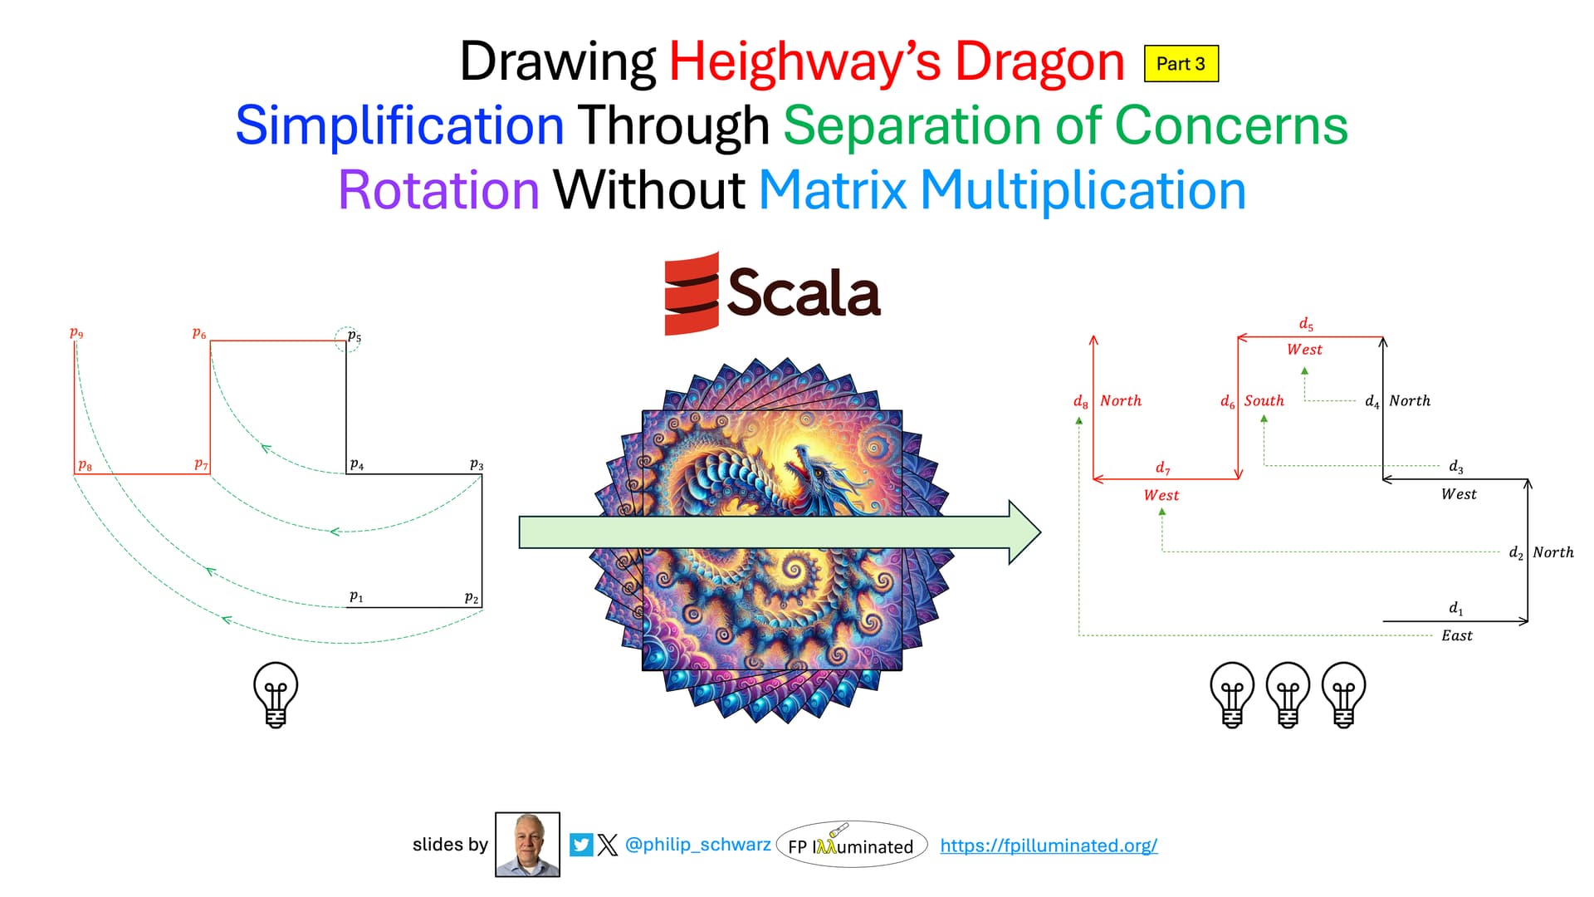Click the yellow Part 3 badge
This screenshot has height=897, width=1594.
pyautogui.click(x=1181, y=64)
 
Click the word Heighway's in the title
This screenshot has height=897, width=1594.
pyautogui.click(x=805, y=62)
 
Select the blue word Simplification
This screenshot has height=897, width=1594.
pyautogui.click(x=400, y=125)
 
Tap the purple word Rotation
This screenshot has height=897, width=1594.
pyautogui.click(x=439, y=190)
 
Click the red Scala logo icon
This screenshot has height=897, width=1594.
pyautogui.click(x=692, y=293)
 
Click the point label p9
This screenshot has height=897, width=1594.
pyautogui.click(x=76, y=333)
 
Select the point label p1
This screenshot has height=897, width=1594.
pyautogui.click(x=356, y=596)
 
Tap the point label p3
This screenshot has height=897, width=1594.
pyautogui.click(x=477, y=465)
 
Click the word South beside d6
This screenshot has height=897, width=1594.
pyautogui.click(x=1264, y=400)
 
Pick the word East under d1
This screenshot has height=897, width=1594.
pyautogui.click(x=1457, y=635)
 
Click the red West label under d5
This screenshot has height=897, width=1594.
pyautogui.click(x=1304, y=350)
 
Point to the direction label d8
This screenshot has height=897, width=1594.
pyautogui.click(x=1080, y=402)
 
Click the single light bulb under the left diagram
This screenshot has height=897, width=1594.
pyautogui.click(x=276, y=694)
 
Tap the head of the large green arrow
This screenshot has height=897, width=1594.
pyautogui.click(x=1025, y=532)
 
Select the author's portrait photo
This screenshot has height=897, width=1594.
pyautogui.click(x=527, y=845)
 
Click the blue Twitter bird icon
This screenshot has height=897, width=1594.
pyautogui.click(x=581, y=846)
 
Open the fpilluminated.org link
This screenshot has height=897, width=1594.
pyautogui.click(x=1049, y=846)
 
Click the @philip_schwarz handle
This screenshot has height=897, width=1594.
pyautogui.click(x=697, y=845)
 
